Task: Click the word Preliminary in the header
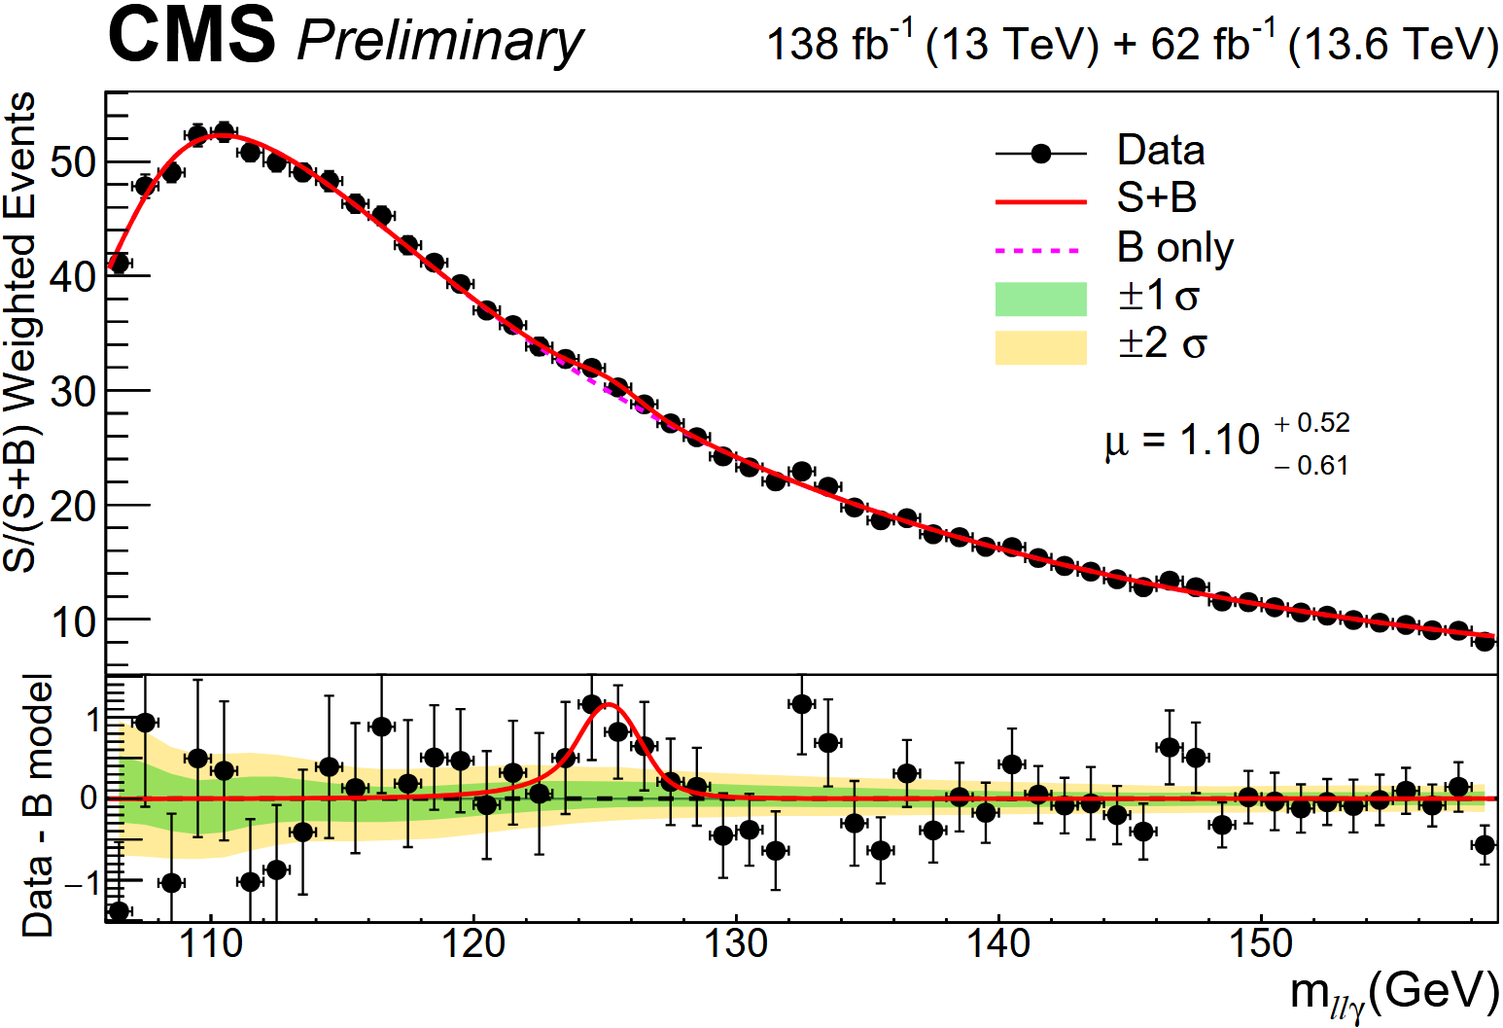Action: (439, 41)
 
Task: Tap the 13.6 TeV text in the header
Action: (1392, 44)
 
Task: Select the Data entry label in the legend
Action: (1161, 151)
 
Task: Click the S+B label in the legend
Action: (1156, 198)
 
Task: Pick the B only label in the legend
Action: (1174, 248)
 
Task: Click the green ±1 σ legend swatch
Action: (1040, 299)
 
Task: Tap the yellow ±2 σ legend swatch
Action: (1040, 347)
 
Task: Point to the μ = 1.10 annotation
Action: (1181, 441)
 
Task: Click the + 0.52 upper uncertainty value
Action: (1311, 423)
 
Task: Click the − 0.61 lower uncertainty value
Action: (1311, 466)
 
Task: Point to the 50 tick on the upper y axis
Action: (74, 162)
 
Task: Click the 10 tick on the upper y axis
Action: (74, 620)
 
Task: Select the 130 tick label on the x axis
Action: (736, 943)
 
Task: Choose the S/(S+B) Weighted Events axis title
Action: (21, 331)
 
